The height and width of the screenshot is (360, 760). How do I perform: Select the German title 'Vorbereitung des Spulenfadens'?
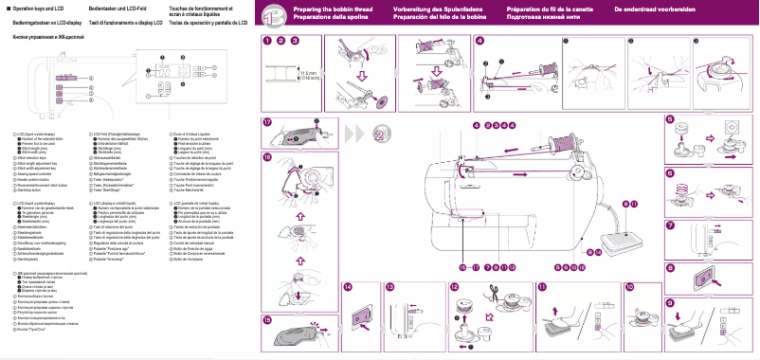tap(437, 9)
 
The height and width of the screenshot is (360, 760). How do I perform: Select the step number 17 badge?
tap(267, 122)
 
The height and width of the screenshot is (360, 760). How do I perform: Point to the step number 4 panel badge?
tap(480, 41)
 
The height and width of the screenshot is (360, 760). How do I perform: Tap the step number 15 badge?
tap(267, 320)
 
